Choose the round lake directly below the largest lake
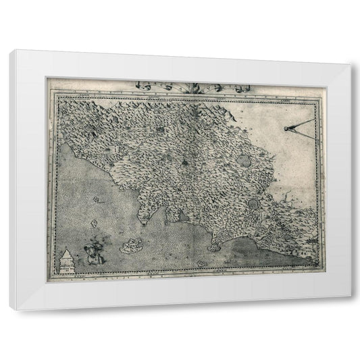(x=254, y=202)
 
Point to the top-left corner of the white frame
(x=9, y=49)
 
